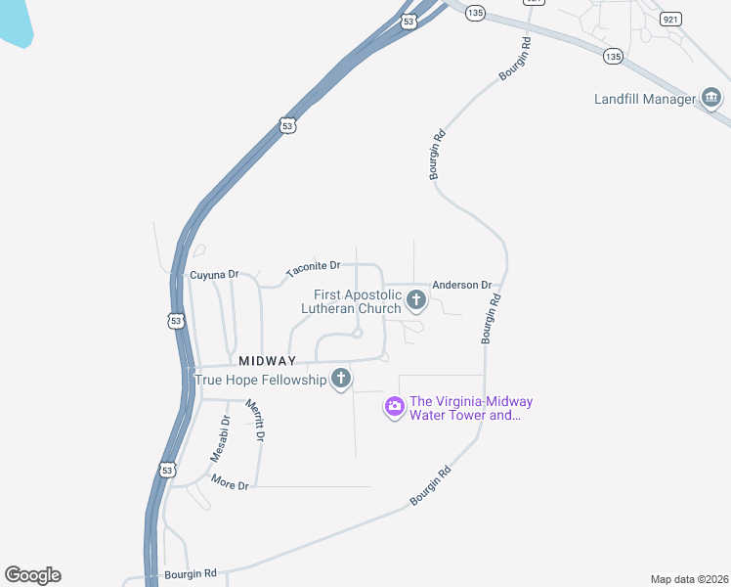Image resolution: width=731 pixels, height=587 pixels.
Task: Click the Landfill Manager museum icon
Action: tap(711, 98)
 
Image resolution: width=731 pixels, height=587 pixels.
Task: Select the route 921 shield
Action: tap(669, 19)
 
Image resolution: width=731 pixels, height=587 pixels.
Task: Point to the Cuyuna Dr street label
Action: tap(214, 275)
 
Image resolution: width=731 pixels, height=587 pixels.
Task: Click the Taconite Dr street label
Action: tap(313, 266)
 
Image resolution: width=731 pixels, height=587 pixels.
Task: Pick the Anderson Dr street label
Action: tap(461, 285)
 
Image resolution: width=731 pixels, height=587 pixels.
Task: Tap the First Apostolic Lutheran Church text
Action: tap(357, 301)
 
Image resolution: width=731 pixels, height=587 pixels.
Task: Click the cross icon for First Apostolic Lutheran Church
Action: tap(416, 300)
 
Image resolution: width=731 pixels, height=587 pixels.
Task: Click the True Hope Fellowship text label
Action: tap(261, 380)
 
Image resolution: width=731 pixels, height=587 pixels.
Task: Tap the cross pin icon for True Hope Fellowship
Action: tap(340, 379)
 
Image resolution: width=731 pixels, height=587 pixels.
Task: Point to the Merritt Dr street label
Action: tap(256, 420)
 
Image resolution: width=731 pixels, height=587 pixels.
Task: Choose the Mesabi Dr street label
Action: tap(220, 439)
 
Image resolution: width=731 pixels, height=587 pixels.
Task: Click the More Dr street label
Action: tap(231, 484)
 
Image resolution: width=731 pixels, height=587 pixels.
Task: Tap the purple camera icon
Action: tap(394, 406)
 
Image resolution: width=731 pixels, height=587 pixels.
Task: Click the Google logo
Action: tap(32, 575)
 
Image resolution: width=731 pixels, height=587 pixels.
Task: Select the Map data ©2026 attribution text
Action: tap(689, 579)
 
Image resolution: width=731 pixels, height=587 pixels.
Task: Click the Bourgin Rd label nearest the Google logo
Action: tap(190, 572)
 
